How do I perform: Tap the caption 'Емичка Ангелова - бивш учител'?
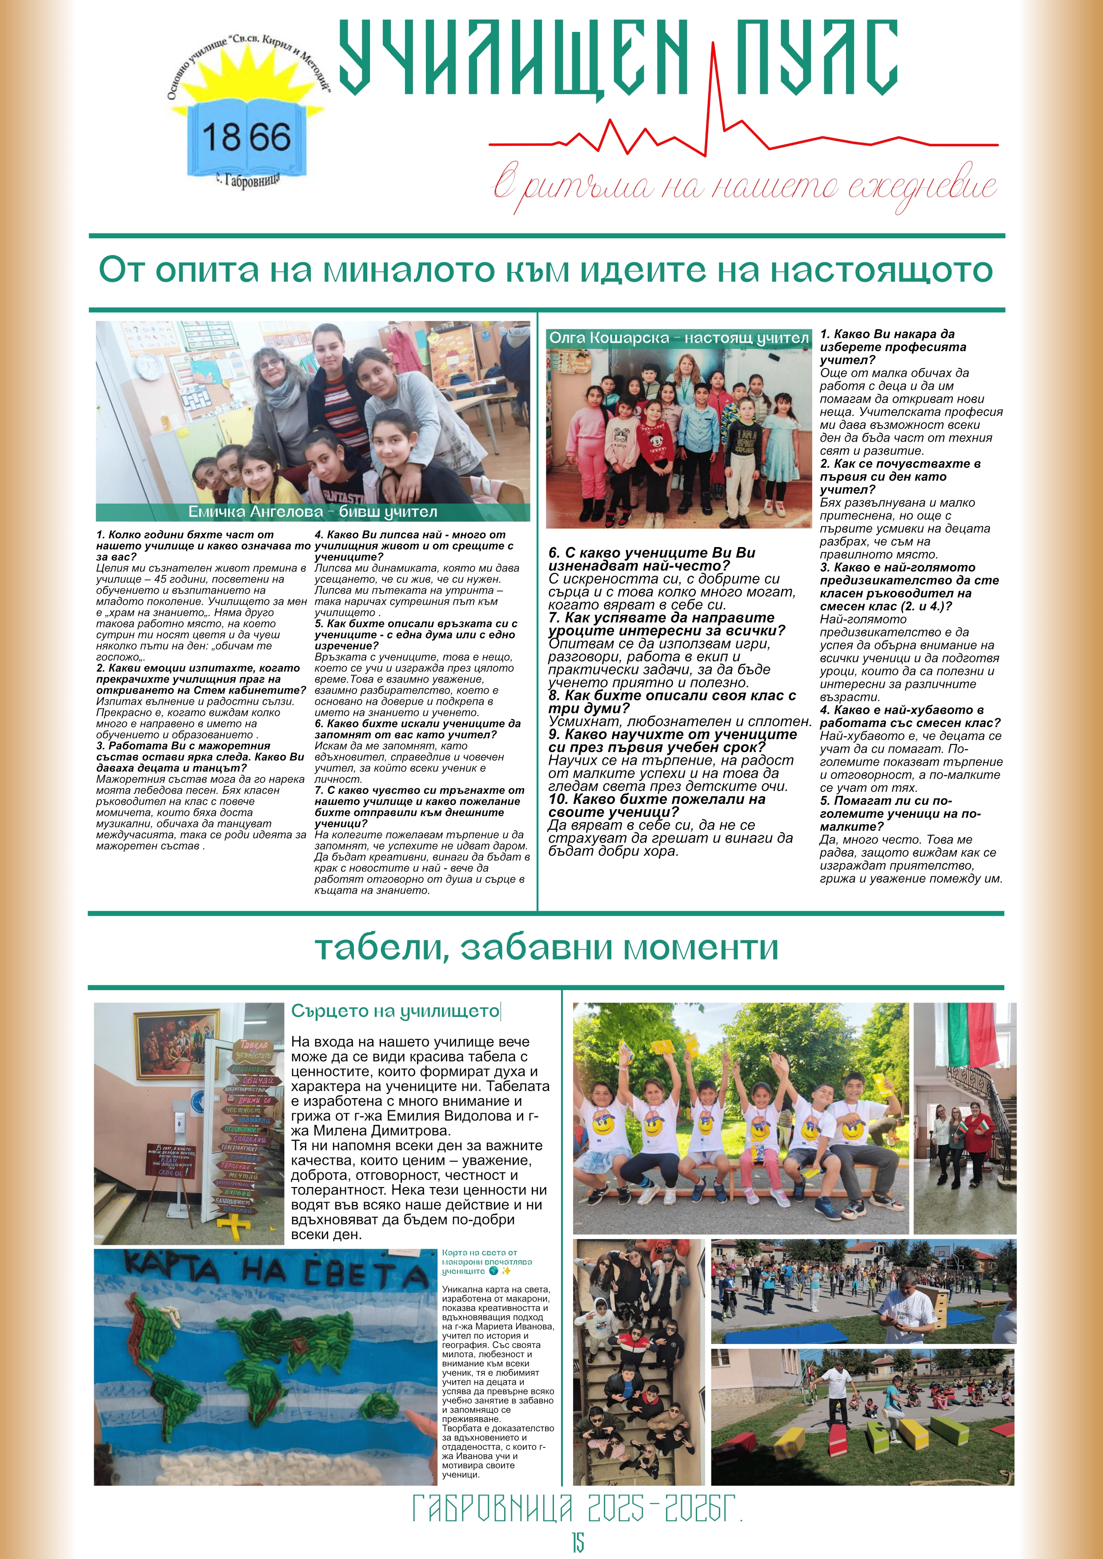[313, 512]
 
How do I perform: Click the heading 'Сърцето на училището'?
[395, 1011]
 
